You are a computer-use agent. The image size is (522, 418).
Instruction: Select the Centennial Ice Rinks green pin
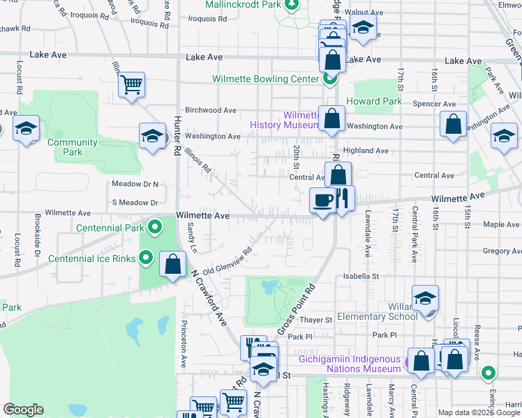tap(145, 258)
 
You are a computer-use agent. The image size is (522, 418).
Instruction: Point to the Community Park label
tap(73, 147)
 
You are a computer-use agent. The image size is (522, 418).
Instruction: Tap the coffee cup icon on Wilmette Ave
tap(323, 201)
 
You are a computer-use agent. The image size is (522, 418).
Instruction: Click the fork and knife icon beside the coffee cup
tap(342, 199)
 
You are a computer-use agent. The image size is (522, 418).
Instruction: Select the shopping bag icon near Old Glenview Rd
tap(173, 265)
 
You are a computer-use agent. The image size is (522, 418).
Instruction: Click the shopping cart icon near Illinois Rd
tap(131, 86)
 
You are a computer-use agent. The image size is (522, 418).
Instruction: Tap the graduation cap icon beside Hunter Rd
tap(152, 136)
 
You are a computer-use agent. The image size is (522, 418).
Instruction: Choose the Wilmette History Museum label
tap(284, 120)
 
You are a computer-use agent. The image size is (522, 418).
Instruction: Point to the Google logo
tap(24, 410)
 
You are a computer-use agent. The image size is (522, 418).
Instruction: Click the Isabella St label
tap(360, 276)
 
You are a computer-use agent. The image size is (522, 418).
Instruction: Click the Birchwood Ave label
tap(211, 110)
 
